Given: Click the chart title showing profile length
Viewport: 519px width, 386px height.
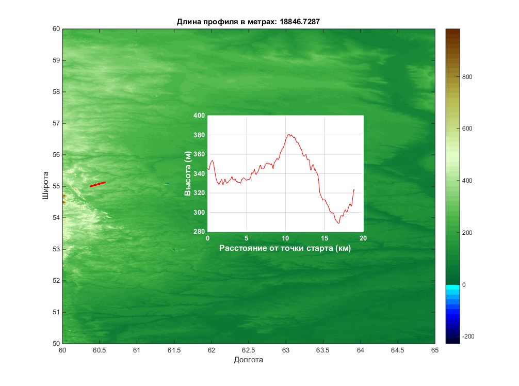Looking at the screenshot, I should [251, 21].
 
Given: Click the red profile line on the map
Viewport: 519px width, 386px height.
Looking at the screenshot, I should [98, 184].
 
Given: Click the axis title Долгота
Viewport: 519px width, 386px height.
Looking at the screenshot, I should [248, 360].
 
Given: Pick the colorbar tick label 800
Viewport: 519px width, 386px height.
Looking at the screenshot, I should [467, 77].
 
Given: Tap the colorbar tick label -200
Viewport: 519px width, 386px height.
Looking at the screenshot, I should [468, 336].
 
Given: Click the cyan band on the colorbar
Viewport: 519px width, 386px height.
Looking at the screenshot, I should [452, 289].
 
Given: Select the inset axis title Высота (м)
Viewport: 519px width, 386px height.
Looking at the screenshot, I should [188, 174].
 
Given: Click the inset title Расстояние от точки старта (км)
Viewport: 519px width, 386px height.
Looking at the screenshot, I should [285, 248].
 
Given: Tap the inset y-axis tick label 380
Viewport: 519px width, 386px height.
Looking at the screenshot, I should [199, 135].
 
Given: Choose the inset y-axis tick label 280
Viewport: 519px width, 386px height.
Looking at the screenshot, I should [199, 232].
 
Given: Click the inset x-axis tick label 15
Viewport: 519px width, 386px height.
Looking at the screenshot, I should [324, 238].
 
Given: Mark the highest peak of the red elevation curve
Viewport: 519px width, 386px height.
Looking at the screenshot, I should [290, 135].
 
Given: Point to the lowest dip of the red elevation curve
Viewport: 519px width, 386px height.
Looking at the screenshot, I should [339, 223].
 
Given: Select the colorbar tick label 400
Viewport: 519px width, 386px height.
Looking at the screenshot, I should [467, 181].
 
